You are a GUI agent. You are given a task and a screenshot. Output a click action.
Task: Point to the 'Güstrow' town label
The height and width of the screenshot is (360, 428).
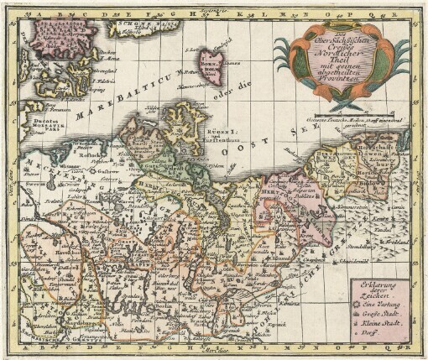tap(97, 167)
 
